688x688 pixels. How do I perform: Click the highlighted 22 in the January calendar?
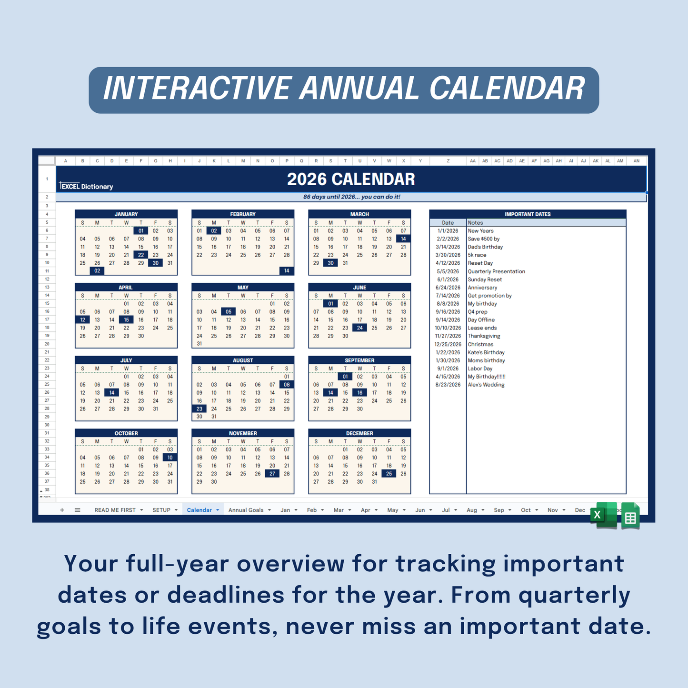[141, 255]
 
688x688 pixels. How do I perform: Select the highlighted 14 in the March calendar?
[403, 239]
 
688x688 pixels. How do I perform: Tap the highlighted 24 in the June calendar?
[360, 328]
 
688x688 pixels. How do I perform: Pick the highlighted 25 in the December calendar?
[389, 474]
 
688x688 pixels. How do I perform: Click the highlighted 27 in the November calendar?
[272, 474]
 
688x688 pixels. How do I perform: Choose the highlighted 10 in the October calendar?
[170, 458]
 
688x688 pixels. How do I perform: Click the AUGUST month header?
[243, 360]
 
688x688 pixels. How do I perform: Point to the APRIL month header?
[126, 288]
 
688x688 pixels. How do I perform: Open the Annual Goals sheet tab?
[246, 510]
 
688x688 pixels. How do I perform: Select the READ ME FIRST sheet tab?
[115, 510]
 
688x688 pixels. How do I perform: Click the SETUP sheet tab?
[161, 510]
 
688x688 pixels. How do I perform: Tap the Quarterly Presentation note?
[496, 271]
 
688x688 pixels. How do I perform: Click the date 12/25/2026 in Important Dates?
[448, 344]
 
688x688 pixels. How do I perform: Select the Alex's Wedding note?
[486, 385]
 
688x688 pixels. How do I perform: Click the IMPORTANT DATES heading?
[528, 214]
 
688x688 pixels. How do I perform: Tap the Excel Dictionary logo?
[87, 187]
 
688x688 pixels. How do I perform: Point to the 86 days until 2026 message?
[351, 197]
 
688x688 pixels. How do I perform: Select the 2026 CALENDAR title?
[351, 179]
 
